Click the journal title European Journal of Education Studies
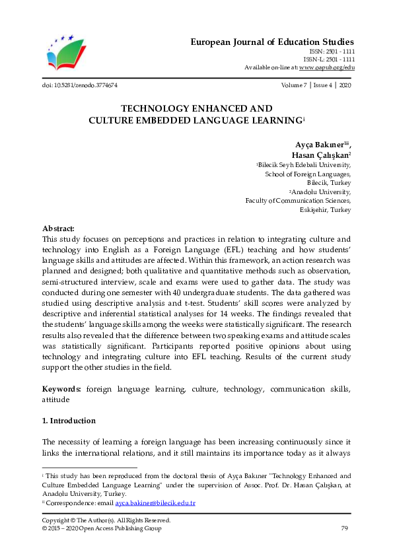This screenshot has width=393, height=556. pyautogui.click(x=272, y=42)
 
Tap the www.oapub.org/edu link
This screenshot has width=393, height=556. pyautogui.click(x=327, y=67)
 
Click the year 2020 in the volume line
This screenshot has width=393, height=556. pyautogui.click(x=344, y=86)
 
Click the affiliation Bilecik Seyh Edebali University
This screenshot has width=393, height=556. pyautogui.click(x=305, y=164)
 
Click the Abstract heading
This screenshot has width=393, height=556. pyautogui.click(x=58, y=228)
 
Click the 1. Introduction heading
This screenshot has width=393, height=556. pyautogui.click(x=68, y=421)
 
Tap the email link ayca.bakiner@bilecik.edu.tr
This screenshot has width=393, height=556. pyautogui.click(x=155, y=503)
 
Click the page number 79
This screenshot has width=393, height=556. pyautogui.click(x=344, y=528)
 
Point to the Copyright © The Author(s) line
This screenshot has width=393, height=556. pyautogui.click(x=106, y=520)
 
